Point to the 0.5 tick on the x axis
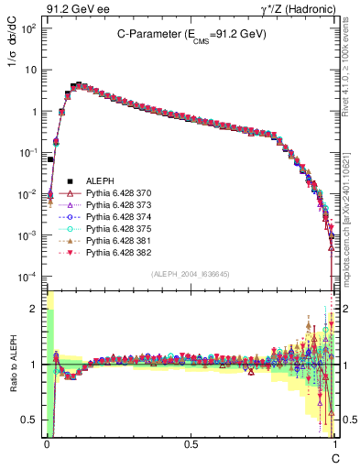click(x=191, y=443)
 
